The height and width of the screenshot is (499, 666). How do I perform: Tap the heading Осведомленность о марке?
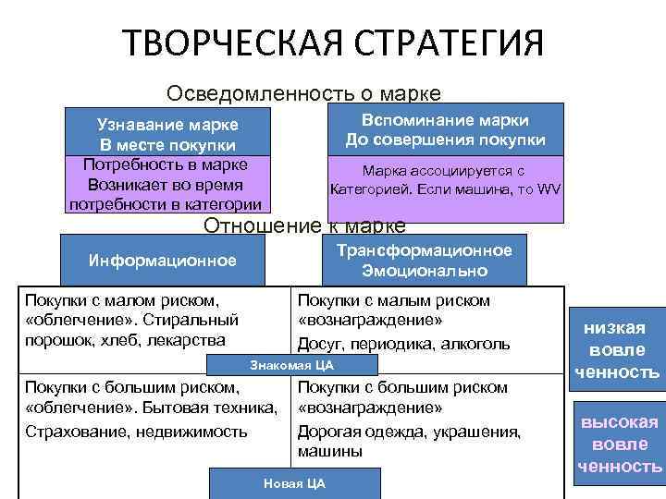[x=302, y=93]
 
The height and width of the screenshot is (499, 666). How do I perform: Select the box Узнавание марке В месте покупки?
[x=167, y=135]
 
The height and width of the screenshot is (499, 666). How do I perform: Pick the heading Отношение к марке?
[x=303, y=225]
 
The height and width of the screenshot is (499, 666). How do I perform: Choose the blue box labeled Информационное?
[x=162, y=260]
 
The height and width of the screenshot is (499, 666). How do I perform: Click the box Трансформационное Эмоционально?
[x=425, y=261]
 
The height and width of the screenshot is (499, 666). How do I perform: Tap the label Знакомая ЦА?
[x=291, y=365]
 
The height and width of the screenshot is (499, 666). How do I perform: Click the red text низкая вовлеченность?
[x=614, y=350]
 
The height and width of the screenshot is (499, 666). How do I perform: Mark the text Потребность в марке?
[x=165, y=164]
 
